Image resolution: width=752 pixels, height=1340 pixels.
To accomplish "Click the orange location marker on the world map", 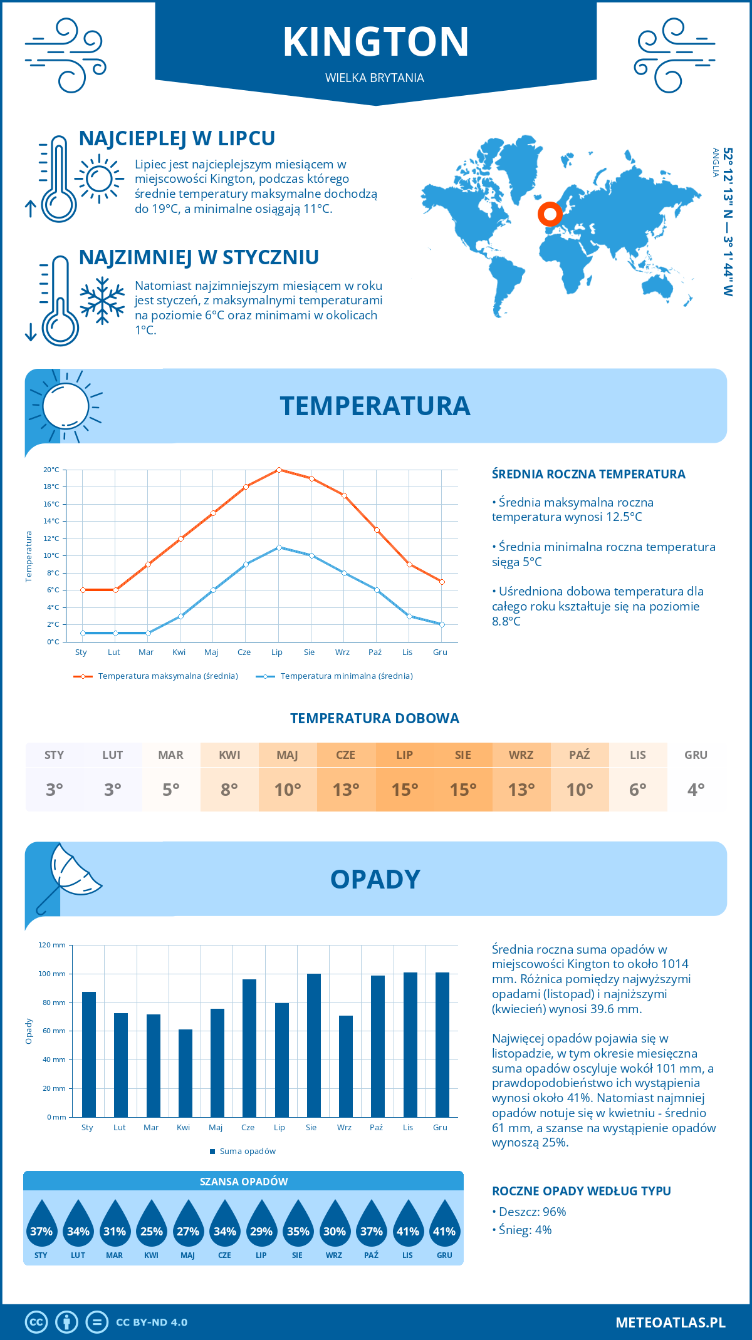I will click(x=550, y=214).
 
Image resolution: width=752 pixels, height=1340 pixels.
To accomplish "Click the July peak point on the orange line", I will click(x=279, y=470).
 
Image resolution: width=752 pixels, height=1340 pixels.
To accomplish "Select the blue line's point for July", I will click(x=279, y=547).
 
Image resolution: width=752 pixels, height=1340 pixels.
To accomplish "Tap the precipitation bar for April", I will click(x=185, y=1073).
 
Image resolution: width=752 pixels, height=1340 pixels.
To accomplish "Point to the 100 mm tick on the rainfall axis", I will click(x=52, y=974).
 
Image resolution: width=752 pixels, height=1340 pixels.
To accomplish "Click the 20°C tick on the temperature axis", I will click(x=51, y=470).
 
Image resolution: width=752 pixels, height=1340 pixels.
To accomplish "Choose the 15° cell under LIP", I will click(x=404, y=790).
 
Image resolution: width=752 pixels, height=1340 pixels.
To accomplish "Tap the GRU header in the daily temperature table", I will click(x=696, y=755).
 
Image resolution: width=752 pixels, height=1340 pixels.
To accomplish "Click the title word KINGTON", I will click(x=375, y=42).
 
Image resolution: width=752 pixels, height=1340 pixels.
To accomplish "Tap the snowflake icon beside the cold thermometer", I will click(x=102, y=301).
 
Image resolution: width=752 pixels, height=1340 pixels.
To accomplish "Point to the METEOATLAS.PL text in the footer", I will click(x=670, y=1322).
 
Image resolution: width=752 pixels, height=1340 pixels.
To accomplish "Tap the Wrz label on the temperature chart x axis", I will click(x=342, y=652).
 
